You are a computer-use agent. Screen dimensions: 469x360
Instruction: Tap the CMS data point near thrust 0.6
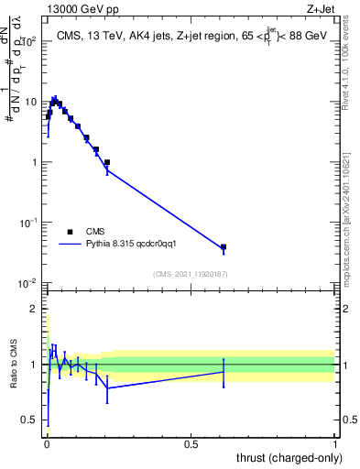pyautogui.click(x=224, y=247)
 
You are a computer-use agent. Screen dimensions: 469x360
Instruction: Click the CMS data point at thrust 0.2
pyautogui.click(x=107, y=162)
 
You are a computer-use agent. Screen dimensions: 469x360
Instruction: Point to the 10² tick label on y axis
pyautogui.click(x=31, y=42)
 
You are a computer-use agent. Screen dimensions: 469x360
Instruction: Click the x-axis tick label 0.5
pyautogui.click(x=191, y=444)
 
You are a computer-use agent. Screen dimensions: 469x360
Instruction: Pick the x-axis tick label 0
pyautogui.click(x=46, y=444)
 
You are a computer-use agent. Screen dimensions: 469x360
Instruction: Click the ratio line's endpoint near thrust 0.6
pyautogui.click(x=224, y=372)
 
